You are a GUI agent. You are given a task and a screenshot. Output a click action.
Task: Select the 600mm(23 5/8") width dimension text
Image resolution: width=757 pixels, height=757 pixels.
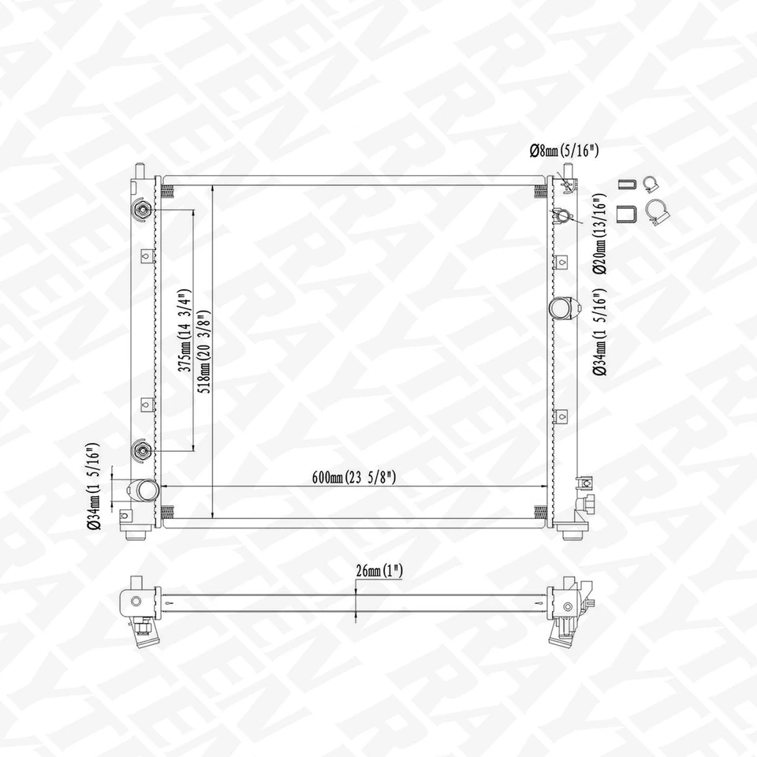pos(353,477)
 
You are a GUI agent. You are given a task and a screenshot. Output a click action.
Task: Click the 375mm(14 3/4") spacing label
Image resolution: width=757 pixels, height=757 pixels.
pos(184,331)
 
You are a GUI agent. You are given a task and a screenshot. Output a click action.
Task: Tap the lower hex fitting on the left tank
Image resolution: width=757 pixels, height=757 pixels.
pos(142,451)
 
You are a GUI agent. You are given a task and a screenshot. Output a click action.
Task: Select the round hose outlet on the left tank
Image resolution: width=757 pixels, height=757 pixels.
pos(144,490)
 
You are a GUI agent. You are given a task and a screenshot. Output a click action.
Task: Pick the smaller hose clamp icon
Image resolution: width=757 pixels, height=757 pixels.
pos(651,185)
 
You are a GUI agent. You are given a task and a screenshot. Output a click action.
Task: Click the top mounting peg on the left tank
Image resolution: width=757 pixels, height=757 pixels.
pos(140,170)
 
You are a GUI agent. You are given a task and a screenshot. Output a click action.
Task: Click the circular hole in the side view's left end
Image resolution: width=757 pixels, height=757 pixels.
pos(136,602)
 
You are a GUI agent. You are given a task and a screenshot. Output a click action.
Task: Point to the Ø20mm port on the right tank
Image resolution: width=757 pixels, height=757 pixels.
pos(565,215)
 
